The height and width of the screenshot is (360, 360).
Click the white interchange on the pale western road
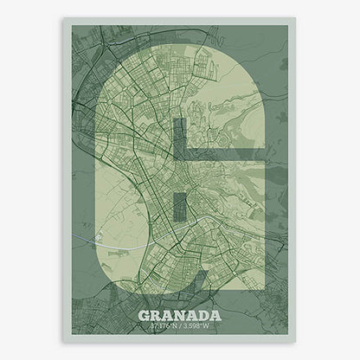click(x=101, y=232)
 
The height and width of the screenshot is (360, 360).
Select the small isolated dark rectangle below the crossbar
click(x=179, y=206)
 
